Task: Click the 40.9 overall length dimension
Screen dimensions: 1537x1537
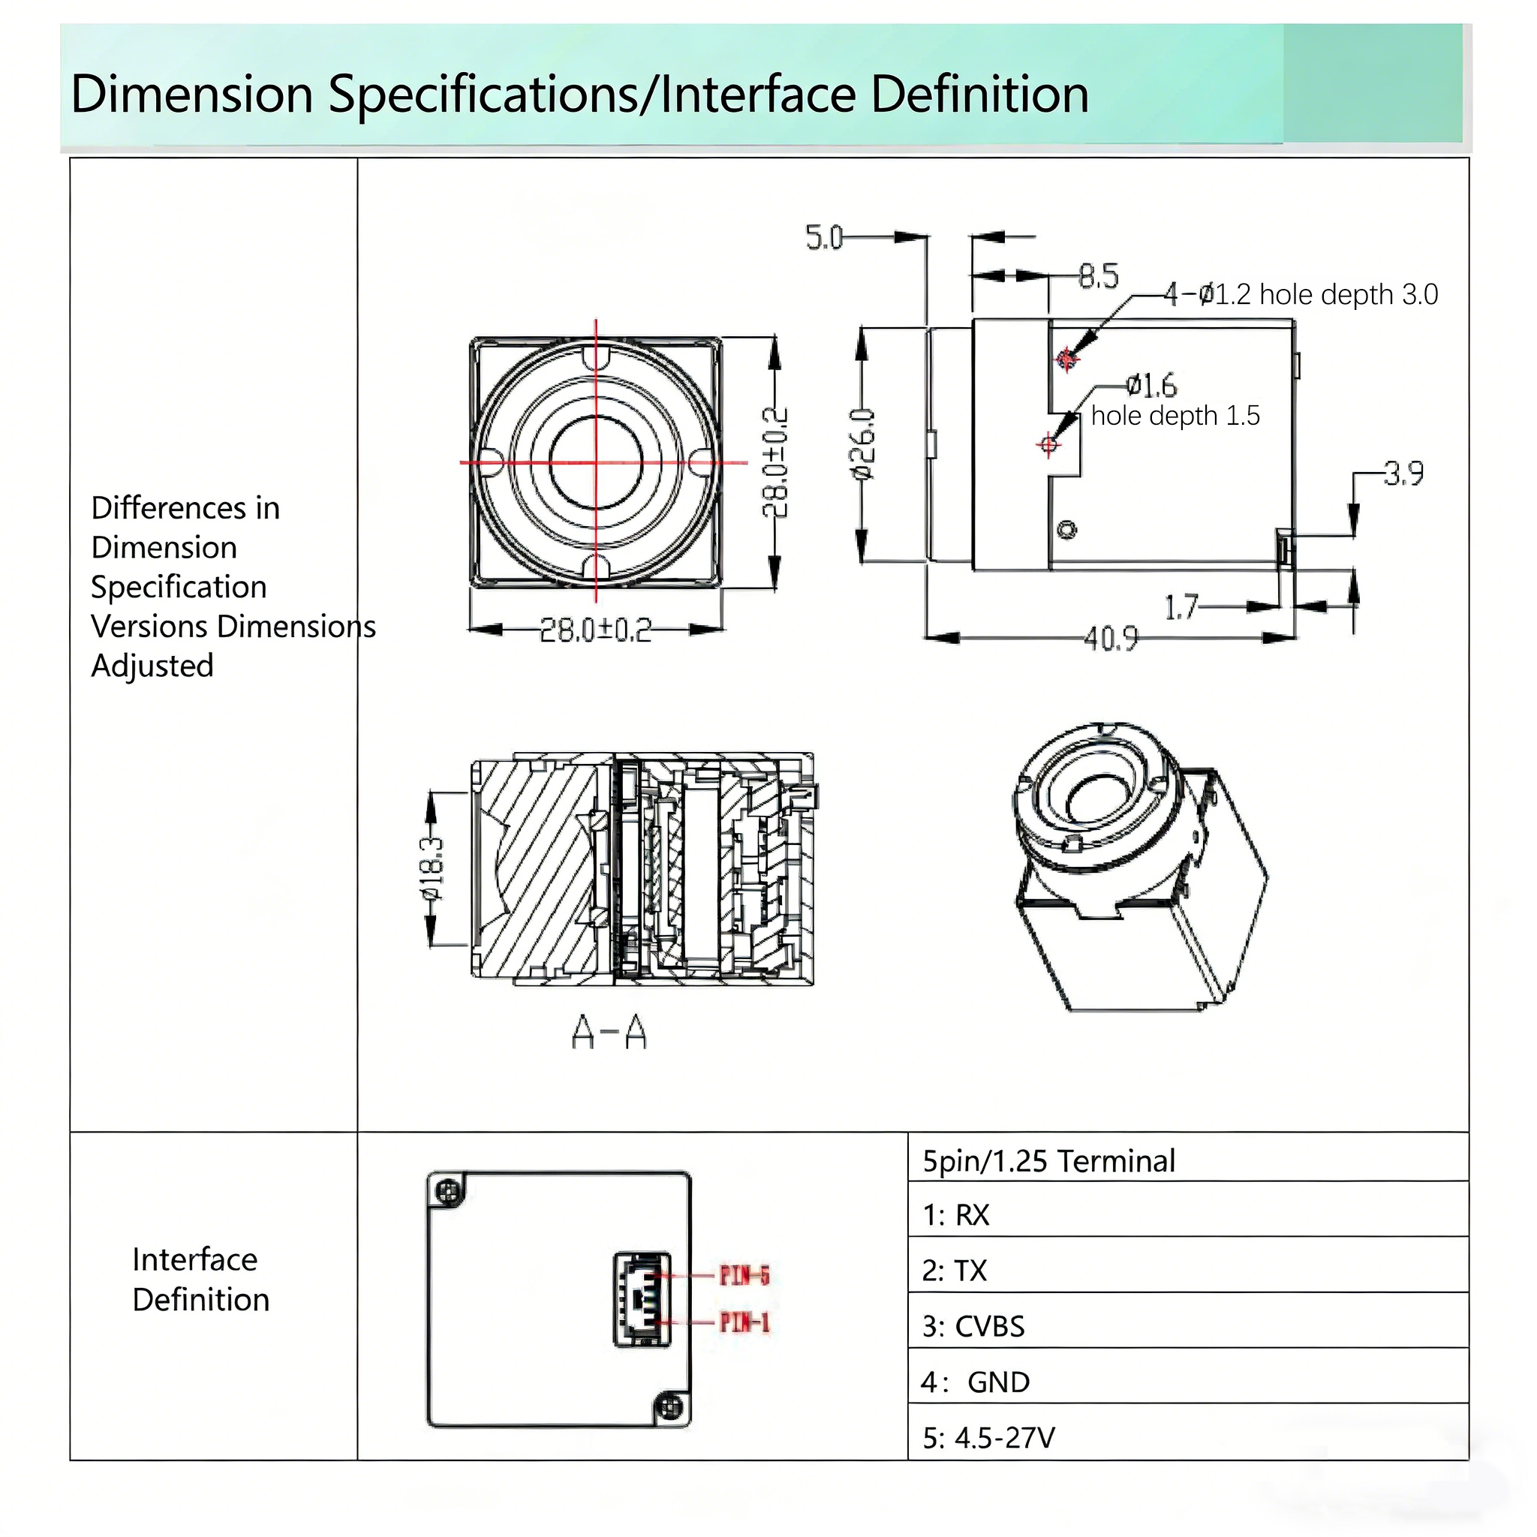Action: pos(1111,639)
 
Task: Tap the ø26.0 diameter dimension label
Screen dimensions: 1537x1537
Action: pos(863,445)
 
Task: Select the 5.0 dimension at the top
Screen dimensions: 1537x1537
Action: pos(824,238)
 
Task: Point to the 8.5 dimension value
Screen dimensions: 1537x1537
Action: pos(1099,276)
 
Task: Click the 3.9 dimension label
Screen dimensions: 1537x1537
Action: pos(1403,474)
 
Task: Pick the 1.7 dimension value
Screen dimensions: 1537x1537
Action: pos(1181,608)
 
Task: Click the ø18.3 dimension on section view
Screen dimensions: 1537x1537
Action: pos(433,869)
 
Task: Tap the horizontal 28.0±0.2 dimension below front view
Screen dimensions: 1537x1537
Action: pos(596,630)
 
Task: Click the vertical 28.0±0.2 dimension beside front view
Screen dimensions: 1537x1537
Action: pos(776,462)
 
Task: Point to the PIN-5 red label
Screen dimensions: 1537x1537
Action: pos(744,1276)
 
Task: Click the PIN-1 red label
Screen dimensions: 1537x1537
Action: pos(744,1322)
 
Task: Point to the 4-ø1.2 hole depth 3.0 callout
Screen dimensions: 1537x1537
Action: pos(1301,295)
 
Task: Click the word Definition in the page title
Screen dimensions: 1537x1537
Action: pos(979,94)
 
